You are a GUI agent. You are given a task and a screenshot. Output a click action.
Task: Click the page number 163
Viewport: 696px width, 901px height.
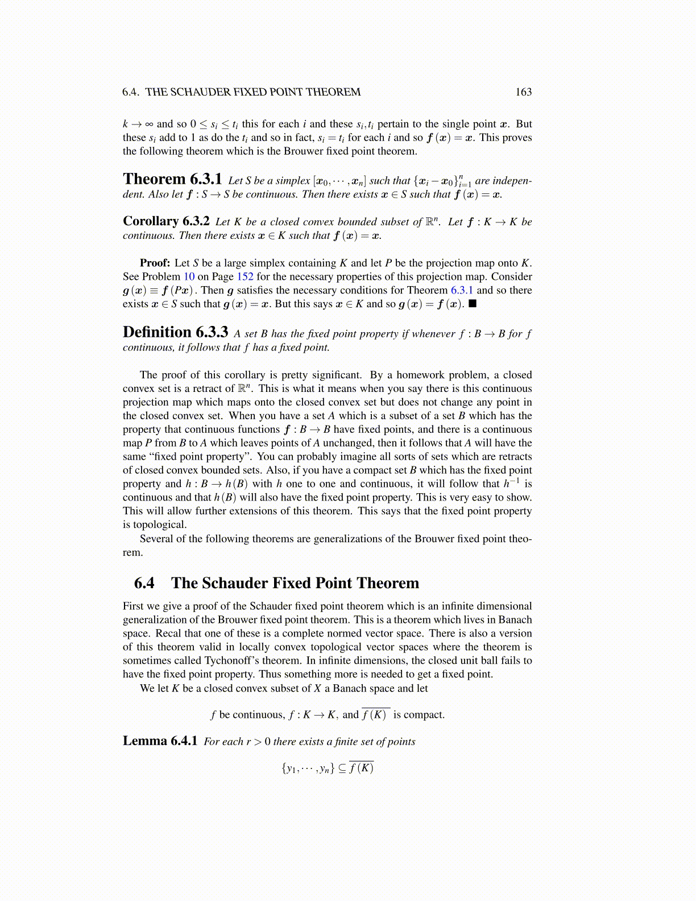coord(523,92)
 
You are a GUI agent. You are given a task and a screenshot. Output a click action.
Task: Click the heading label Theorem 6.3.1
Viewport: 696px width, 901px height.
coord(172,179)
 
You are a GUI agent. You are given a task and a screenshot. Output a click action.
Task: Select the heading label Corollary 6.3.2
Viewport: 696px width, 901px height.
coord(166,221)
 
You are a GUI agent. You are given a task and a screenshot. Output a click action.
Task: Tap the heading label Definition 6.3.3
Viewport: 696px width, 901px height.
coord(175,332)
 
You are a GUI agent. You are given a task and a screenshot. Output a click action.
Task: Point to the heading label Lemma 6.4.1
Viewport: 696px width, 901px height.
coord(160,741)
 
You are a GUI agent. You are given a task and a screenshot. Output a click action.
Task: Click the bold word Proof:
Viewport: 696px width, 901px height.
coord(155,263)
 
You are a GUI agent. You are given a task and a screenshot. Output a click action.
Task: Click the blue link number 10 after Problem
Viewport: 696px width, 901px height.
coord(189,276)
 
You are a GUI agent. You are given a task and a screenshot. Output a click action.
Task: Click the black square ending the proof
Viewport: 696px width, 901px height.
coord(473,304)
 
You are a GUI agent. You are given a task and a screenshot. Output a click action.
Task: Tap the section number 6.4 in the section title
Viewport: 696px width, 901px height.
coord(144,583)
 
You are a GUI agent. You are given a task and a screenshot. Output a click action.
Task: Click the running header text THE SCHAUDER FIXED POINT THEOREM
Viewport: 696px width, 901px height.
coord(253,92)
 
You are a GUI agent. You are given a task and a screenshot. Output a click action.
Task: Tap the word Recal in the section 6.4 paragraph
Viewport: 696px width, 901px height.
coord(169,633)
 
